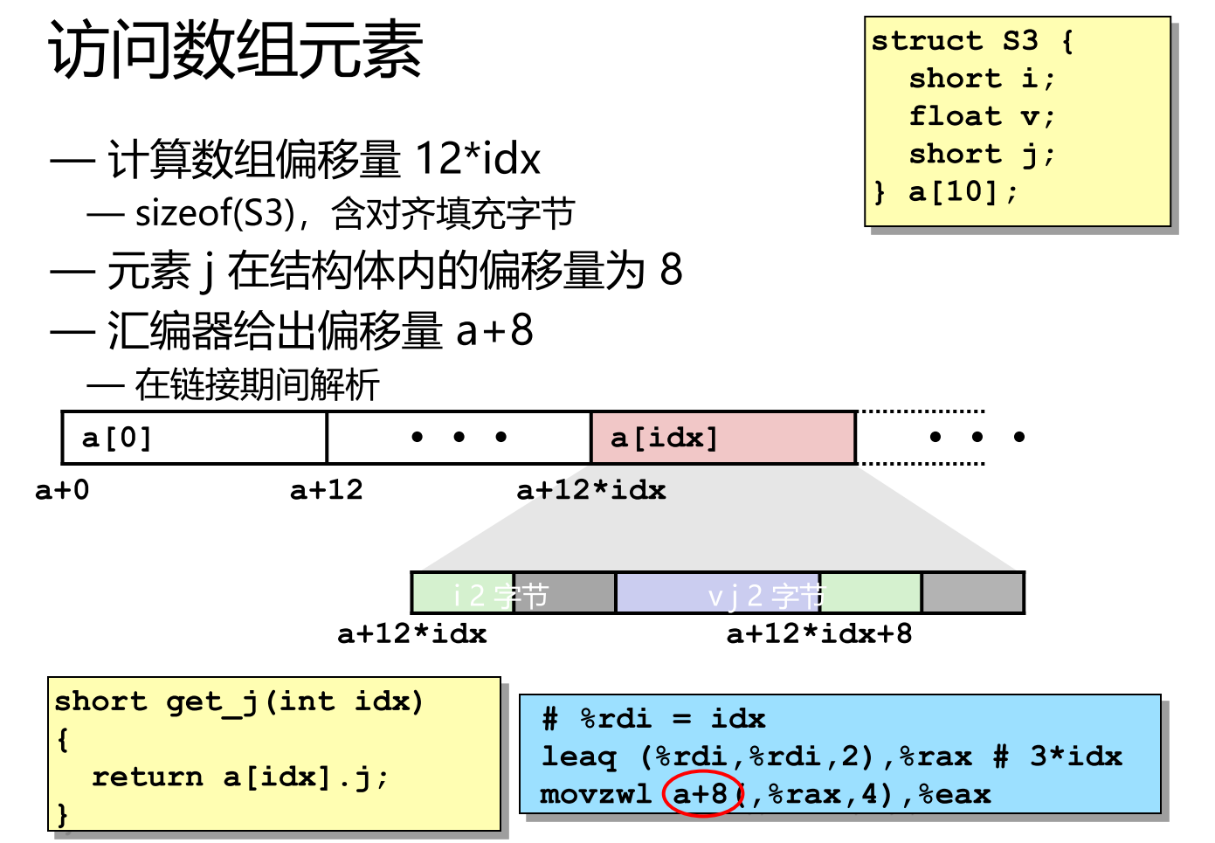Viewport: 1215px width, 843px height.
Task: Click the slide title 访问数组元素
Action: coord(236,50)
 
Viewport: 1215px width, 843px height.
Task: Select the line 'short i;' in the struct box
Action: coord(982,79)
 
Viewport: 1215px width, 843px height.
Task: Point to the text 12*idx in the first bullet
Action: coord(477,159)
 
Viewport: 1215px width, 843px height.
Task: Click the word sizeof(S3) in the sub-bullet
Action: coord(215,213)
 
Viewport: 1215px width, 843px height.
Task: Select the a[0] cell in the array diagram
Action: coord(194,438)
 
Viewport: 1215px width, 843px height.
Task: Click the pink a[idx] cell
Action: coord(722,438)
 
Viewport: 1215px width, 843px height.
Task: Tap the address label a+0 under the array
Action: coord(62,490)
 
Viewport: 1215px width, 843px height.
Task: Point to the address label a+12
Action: coord(326,490)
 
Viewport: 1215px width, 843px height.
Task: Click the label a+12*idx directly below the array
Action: coord(590,490)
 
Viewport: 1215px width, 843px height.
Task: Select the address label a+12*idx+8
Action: coord(818,633)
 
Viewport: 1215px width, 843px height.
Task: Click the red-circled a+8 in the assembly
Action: coord(701,793)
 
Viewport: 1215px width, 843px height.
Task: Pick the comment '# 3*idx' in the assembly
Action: coord(1058,756)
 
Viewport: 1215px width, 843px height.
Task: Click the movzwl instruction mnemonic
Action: coord(596,794)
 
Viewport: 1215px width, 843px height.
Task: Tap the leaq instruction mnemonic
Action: coord(578,756)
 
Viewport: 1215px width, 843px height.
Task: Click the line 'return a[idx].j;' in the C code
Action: coord(239,777)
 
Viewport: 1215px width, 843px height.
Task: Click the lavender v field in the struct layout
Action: coord(716,594)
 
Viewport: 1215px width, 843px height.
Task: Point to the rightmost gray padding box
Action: coord(972,594)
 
